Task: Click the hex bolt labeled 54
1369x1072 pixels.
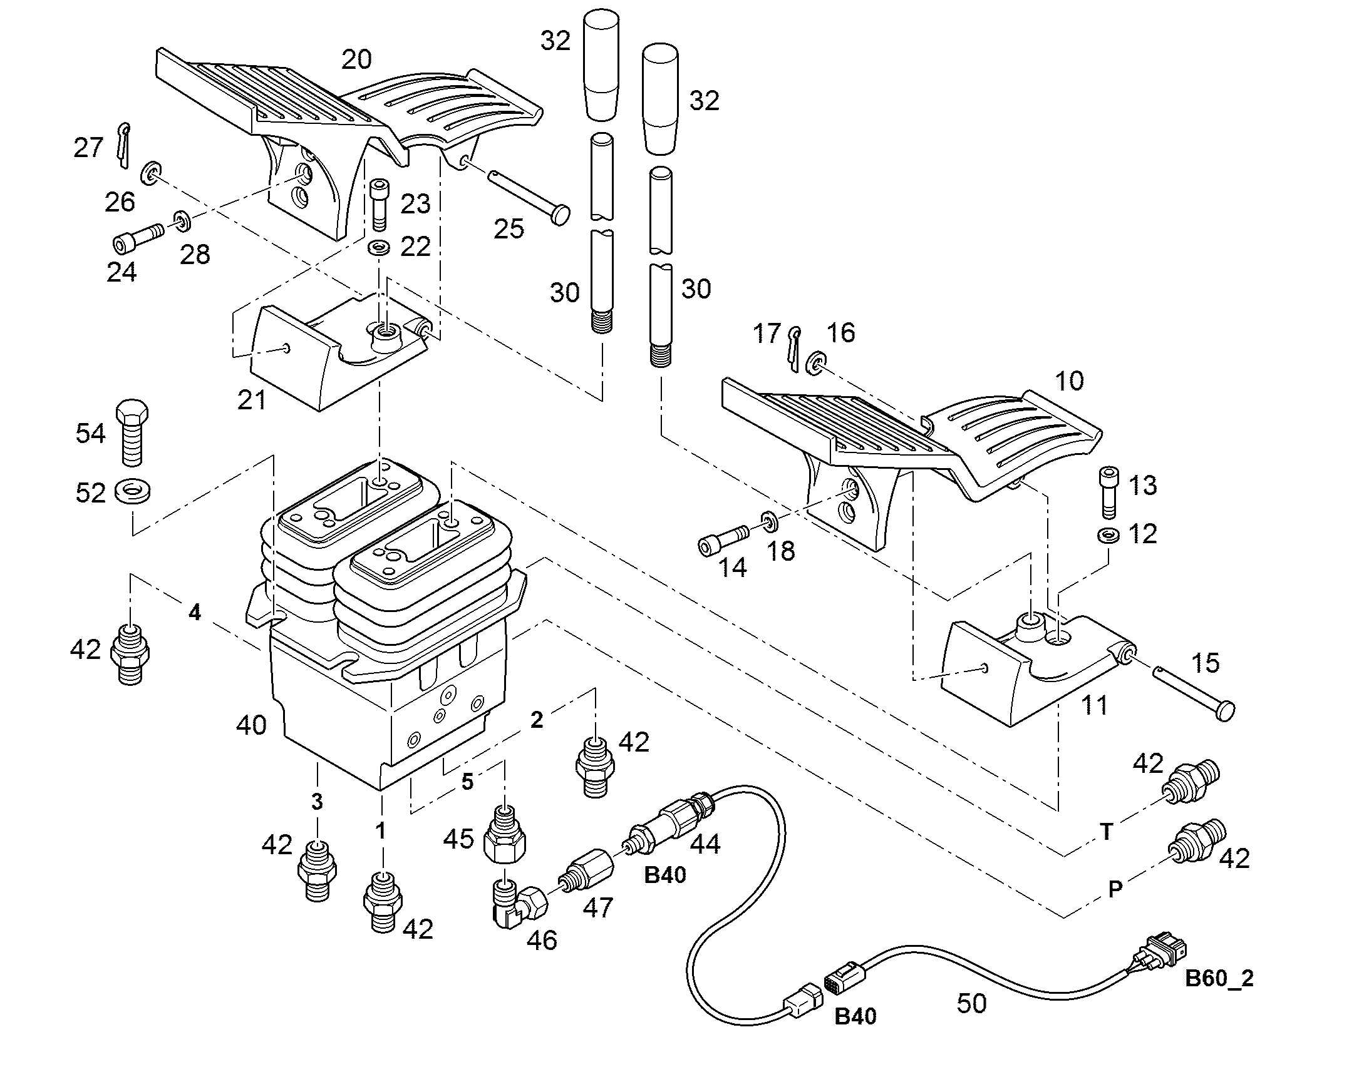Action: pyautogui.click(x=133, y=432)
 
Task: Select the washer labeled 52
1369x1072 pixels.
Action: pyautogui.click(x=133, y=491)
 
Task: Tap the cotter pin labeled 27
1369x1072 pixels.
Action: pyautogui.click(x=124, y=145)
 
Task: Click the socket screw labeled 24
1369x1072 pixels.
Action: pyautogui.click(x=138, y=238)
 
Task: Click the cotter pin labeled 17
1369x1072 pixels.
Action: pyautogui.click(x=793, y=349)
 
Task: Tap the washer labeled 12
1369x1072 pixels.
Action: pyautogui.click(x=1109, y=535)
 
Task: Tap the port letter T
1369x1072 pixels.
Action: pyautogui.click(x=1107, y=832)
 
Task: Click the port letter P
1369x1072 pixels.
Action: pyautogui.click(x=1115, y=889)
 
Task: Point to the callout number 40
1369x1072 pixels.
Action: pyautogui.click(x=252, y=725)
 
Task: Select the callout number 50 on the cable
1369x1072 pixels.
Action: pyautogui.click(x=971, y=1003)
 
